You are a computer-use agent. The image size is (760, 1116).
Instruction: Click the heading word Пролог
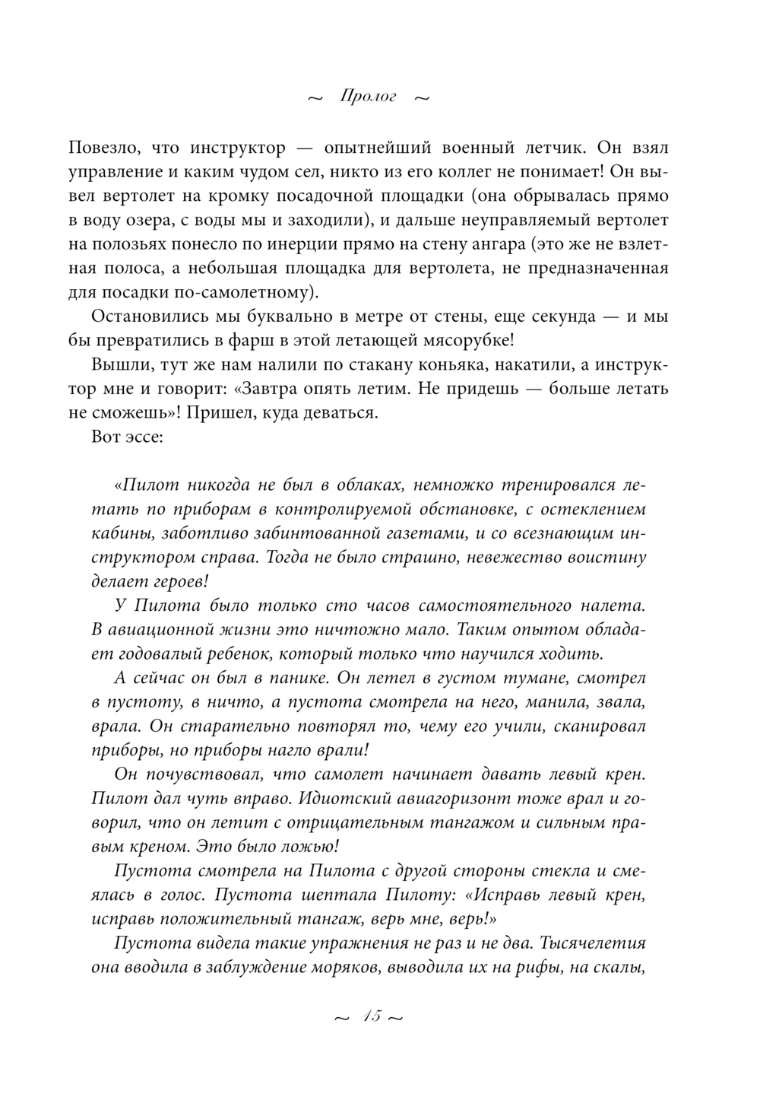(369, 97)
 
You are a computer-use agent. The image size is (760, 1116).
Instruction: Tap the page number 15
(370, 1017)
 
